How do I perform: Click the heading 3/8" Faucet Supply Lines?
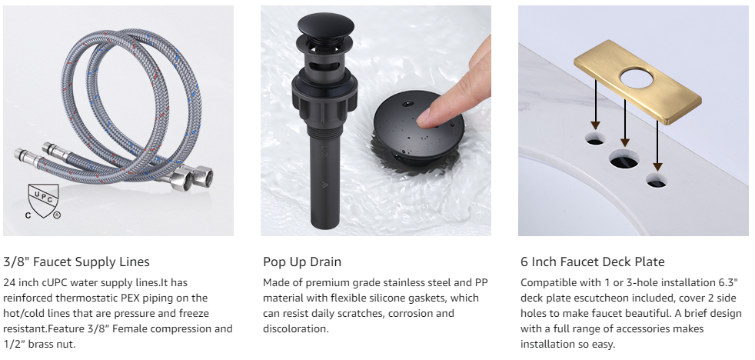(x=77, y=262)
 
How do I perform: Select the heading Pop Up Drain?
(x=302, y=262)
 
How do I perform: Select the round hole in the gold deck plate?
(x=637, y=78)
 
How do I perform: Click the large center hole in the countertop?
(x=624, y=158)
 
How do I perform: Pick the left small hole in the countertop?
(x=595, y=138)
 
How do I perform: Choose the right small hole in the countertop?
(x=657, y=180)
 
